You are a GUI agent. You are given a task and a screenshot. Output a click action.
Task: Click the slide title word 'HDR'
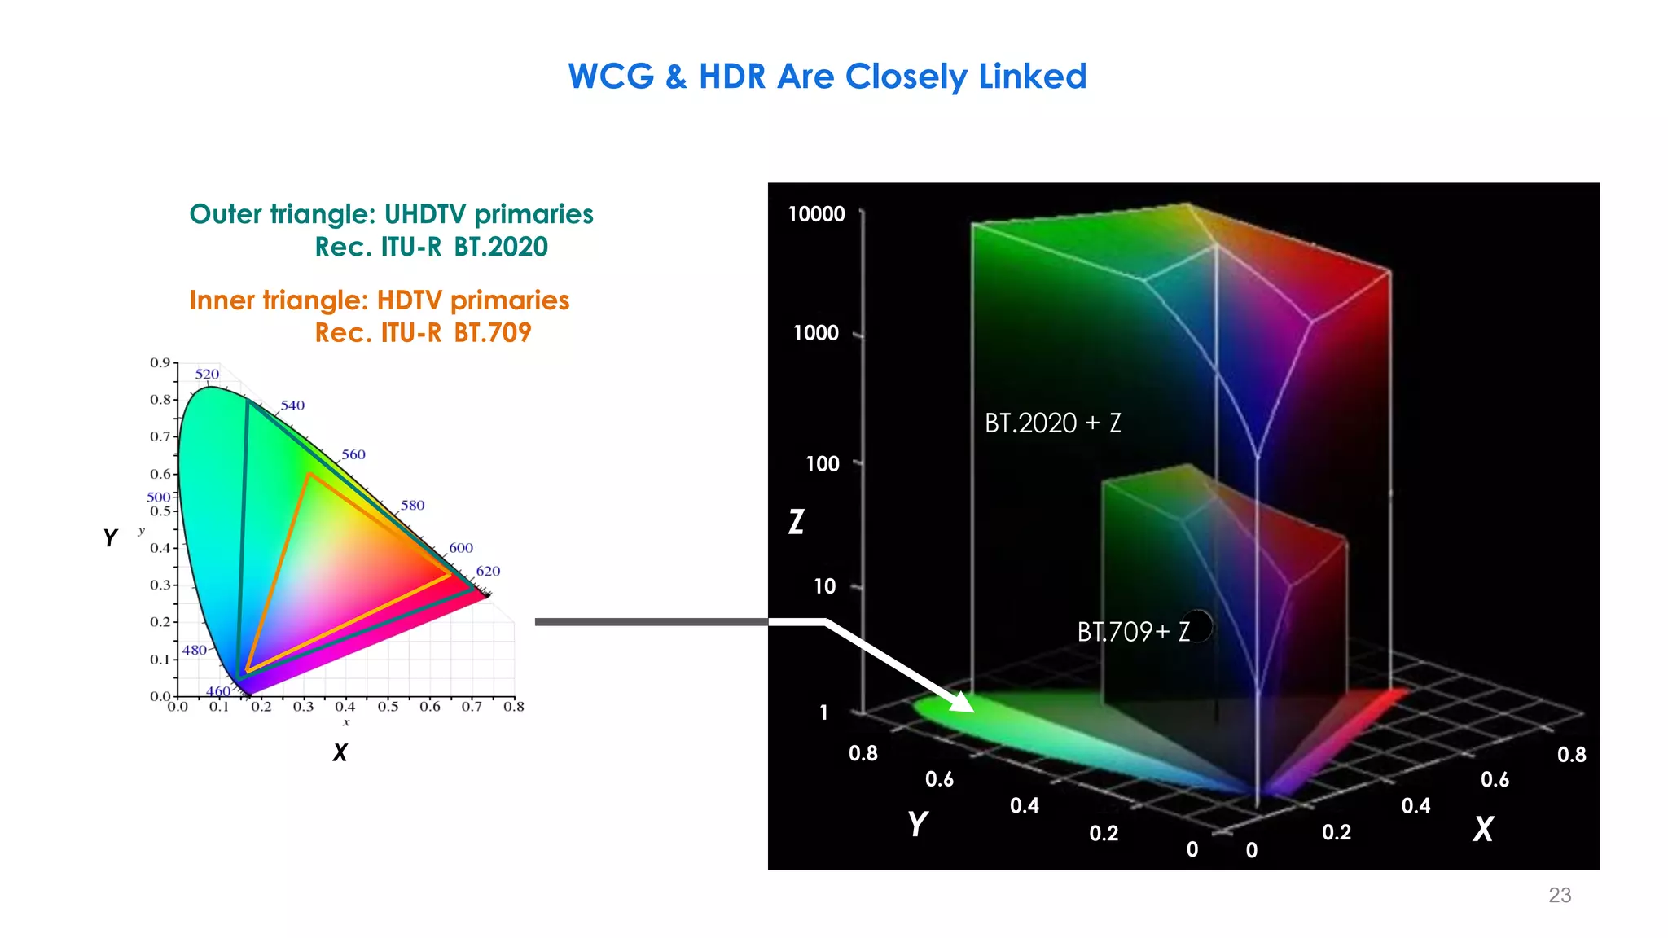coord(731,77)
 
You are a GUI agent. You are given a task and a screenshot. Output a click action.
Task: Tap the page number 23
coord(1559,895)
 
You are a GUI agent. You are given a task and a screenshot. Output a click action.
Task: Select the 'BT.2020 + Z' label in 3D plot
coord(1052,423)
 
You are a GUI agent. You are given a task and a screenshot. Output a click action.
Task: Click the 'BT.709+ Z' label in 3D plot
coord(1133,632)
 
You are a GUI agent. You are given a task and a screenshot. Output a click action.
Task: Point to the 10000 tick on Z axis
coord(816,214)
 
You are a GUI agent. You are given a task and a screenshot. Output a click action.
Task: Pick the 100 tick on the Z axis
coord(822,464)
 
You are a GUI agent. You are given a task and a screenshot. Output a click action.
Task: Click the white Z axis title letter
coord(797,521)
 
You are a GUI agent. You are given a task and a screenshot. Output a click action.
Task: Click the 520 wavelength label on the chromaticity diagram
coord(207,375)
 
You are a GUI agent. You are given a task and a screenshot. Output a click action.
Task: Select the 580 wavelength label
coord(412,506)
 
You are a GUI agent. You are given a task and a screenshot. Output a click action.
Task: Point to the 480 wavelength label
coord(194,650)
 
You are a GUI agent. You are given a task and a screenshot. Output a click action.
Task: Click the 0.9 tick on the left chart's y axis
coord(160,363)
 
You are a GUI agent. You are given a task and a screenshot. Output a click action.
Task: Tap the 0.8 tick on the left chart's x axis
coord(513,707)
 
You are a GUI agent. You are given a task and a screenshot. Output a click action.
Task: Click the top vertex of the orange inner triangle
coord(309,474)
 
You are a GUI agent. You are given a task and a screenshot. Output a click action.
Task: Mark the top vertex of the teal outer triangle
coord(248,400)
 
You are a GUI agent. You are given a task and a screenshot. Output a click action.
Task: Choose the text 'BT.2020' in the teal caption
coord(501,247)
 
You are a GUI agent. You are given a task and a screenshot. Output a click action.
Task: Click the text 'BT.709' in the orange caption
coord(492,333)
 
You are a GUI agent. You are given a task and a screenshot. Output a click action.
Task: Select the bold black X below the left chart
coord(340,752)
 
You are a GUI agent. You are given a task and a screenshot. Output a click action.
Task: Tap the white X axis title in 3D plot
coord(1483,829)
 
